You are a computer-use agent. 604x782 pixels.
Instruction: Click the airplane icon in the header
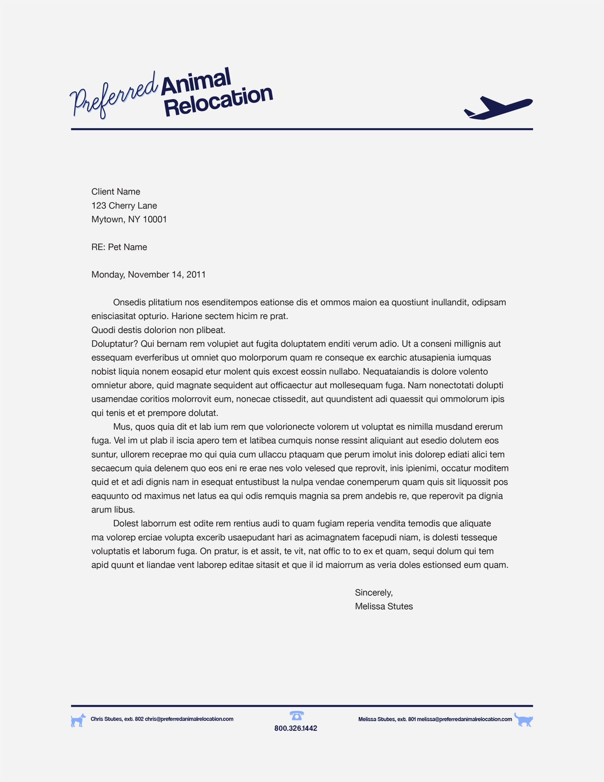pyautogui.click(x=499, y=108)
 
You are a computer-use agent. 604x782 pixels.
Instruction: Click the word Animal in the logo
pyautogui.click(x=196, y=82)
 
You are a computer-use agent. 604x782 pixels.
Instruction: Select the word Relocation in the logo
pyautogui.click(x=219, y=102)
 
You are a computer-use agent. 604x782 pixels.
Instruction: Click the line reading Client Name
pyautogui.click(x=116, y=192)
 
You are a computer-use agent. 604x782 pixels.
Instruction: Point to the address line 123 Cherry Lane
pyautogui.click(x=124, y=205)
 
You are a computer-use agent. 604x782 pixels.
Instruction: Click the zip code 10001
pyautogui.click(x=155, y=220)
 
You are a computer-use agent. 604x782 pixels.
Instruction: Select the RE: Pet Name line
pyautogui.click(x=119, y=247)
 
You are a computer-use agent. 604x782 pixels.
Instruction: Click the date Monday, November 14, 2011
pyautogui.click(x=149, y=275)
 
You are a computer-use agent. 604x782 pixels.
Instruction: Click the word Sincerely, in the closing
pyautogui.click(x=374, y=593)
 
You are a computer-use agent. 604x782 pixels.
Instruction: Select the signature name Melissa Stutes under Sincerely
pyautogui.click(x=384, y=606)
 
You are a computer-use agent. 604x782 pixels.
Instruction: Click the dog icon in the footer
pyautogui.click(x=78, y=720)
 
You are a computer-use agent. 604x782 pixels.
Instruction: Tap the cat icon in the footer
pyautogui.click(x=523, y=720)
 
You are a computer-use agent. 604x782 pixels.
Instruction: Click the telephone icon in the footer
pyautogui.click(x=296, y=716)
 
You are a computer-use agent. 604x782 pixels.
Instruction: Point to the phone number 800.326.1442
pyautogui.click(x=296, y=728)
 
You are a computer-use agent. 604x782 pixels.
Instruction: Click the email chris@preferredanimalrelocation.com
pyautogui.click(x=189, y=719)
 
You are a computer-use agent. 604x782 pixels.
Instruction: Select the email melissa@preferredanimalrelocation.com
pyautogui.click(x=464, y=719)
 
